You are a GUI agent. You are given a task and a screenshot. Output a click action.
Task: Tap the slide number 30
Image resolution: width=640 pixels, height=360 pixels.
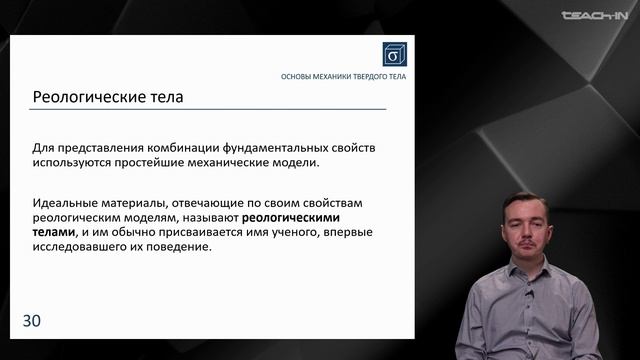tap(31, 320)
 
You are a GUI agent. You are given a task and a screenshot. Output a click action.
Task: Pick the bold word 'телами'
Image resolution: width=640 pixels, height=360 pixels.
tap(54, 231)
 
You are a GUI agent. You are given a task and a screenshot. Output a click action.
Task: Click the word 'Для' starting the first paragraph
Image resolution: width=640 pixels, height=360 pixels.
tap(44, 146)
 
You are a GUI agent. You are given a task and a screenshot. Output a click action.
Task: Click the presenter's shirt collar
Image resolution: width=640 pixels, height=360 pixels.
tap(525, 274)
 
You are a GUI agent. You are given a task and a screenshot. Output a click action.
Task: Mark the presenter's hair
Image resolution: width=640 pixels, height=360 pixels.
tap(523, 198)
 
